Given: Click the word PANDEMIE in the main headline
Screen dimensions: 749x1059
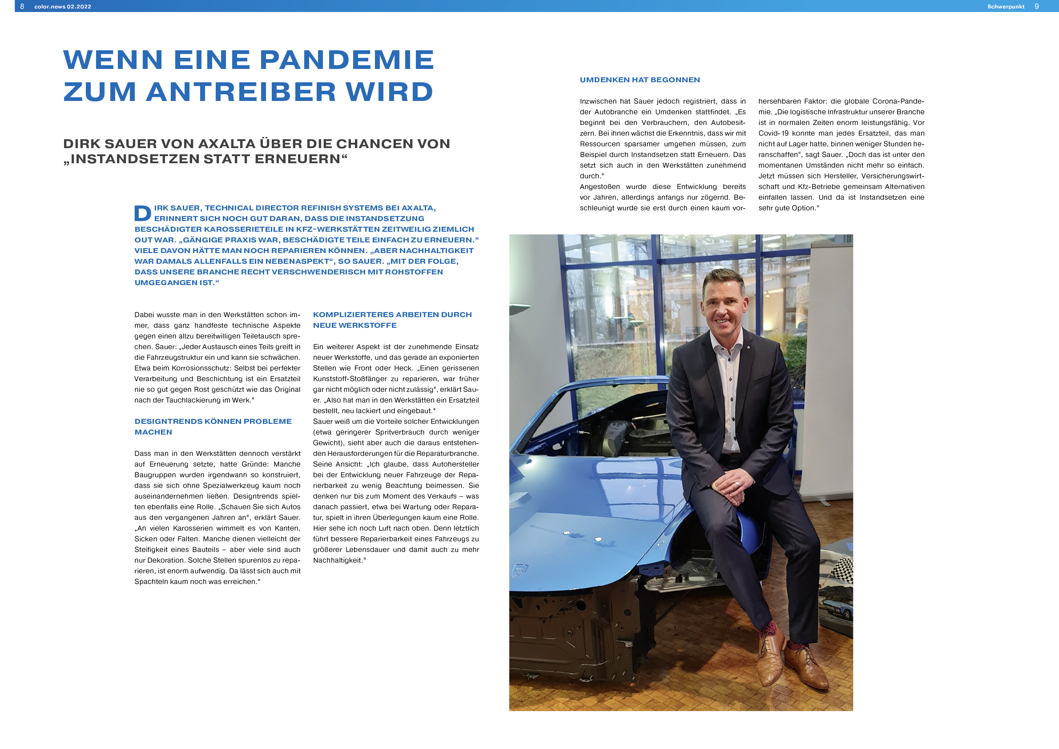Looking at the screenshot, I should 347,60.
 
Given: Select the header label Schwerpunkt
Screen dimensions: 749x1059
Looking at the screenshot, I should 1006,7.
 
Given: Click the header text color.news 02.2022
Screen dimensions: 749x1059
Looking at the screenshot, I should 63,7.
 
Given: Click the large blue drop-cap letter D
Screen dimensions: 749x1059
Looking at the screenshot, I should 142,213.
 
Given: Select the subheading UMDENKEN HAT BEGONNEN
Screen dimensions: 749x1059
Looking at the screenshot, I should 639,80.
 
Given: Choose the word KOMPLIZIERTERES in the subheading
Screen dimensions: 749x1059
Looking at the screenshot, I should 353,314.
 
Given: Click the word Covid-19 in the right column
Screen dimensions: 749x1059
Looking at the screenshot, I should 773,133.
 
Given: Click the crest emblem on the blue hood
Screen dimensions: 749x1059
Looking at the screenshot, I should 519,571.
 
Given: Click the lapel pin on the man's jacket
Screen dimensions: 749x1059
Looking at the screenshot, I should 748,346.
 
